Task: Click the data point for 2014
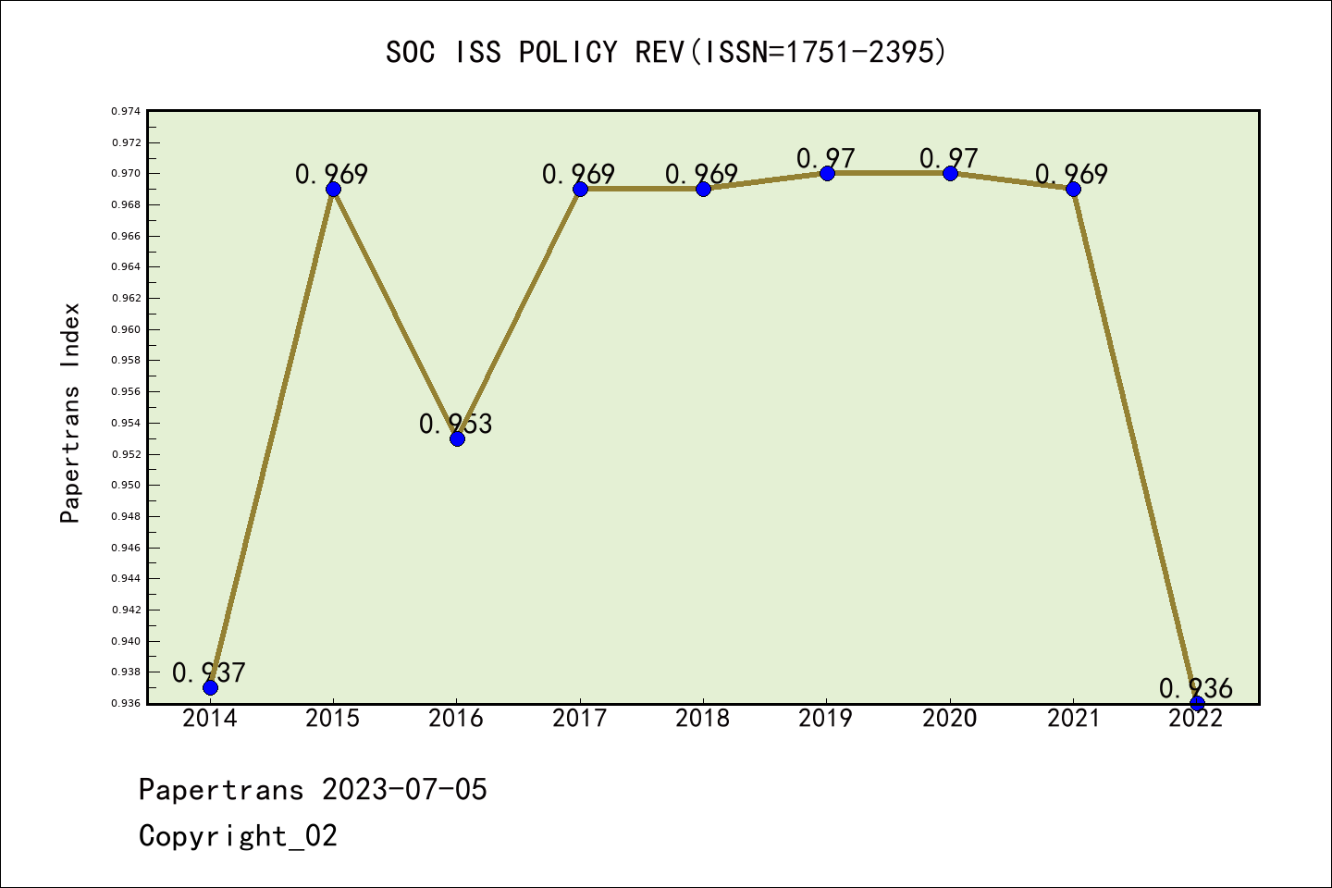click(x=210, y=687)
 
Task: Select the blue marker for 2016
click(x=457, y=438)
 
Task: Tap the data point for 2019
click(x=827, y=173)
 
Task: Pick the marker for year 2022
click(x=1197, y=703)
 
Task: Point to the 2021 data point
click(x=1073, y=189)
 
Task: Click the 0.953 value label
click(x=455, y=424)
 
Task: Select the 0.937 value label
click(x=209, y=672)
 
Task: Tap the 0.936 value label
click(x=1195, y=688)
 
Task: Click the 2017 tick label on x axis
click(x=580, y=719)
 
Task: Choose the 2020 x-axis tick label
click(x=950, y=719)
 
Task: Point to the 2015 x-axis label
click(x=333, y=719)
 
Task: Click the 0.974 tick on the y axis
click(x=127, y=111)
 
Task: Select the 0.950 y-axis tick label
click(x=127, y=485)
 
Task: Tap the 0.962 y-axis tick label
click(x=127, y=298)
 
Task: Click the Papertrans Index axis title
click(x=70, y=412)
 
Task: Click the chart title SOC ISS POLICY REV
click(x=666, y=53)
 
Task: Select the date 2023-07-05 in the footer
click(x=404, y=789)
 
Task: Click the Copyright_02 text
click(x=238, y=835)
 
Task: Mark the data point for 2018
click(x=703, y=189)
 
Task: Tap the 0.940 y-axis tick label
click(x=127, y=641)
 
